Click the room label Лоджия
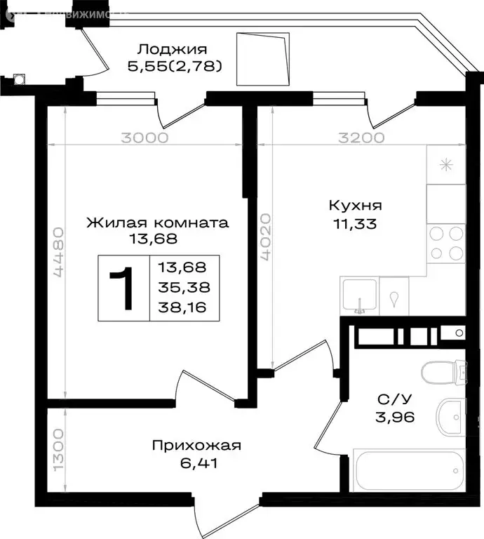[x=172, y=49]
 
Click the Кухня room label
[x=355, y=206]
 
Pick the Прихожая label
[x=196, y=446]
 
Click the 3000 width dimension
[x=144, y=138]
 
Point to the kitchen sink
[x=359, y=295]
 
